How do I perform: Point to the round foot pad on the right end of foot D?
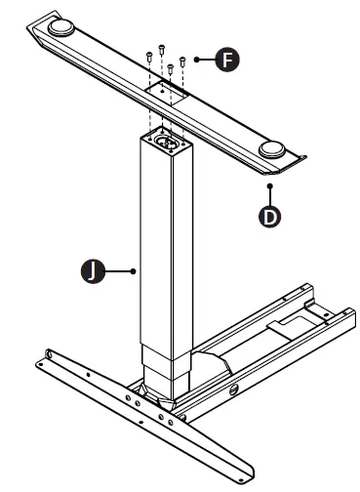[x=274, y=149]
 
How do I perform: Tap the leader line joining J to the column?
[x=121, y=271]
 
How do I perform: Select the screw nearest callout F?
[x=182, y=61]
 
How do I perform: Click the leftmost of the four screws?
[x=148, y=57]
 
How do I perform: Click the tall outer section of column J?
[x=166, y=244]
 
